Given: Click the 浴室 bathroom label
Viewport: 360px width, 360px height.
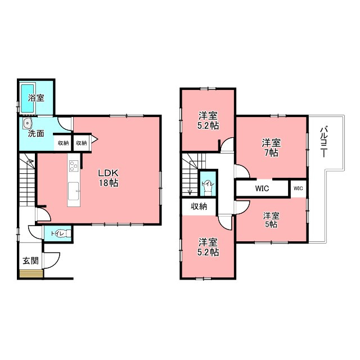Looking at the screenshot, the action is tap(36, 98).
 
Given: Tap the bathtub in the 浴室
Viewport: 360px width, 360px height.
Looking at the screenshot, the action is tap(28, 98).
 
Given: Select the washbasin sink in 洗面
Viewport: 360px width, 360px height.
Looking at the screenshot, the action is tap(28, 123).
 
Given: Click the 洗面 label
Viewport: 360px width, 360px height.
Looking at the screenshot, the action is tap(36, 134).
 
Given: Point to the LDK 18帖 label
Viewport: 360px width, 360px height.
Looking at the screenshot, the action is tap(109, 178).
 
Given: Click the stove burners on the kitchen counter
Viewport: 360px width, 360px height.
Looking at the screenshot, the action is tap(74, 166).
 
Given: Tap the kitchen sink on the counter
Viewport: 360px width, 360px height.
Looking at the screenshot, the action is tap(74, 191).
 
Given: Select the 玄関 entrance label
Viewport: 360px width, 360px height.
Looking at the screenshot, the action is tap(30, 261).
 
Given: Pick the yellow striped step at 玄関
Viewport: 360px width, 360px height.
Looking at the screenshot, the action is tap(31, 274).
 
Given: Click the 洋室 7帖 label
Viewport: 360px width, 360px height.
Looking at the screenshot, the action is tap(271, 147).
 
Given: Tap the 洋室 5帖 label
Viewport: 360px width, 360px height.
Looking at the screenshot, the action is tap(271, 220).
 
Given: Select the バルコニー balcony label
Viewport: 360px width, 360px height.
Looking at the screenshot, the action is tap(324, 141).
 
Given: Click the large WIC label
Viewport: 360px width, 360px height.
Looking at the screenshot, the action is tap(262, 188).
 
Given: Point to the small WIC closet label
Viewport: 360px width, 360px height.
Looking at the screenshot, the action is tap(298, 188).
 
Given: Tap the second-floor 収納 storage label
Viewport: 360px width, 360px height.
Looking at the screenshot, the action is tap(199, 206).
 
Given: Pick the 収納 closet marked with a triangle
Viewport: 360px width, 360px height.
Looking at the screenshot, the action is tap(81, 143).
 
